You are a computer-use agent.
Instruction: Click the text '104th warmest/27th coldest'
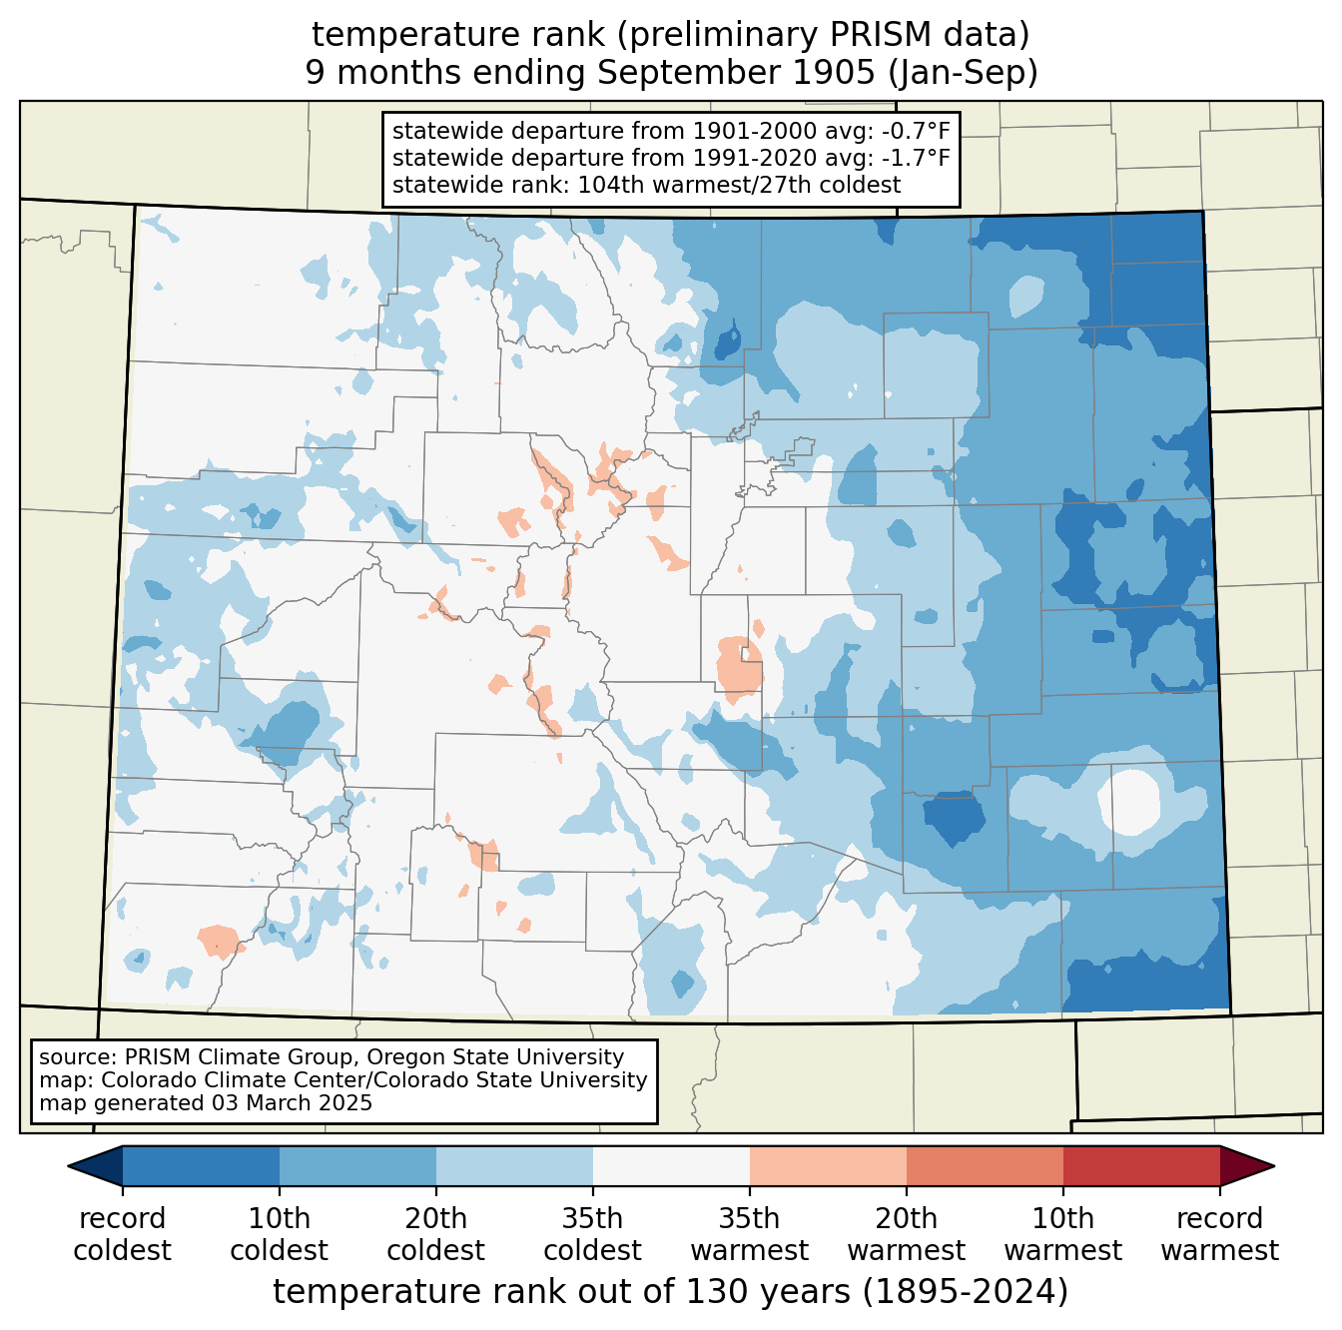[x=739, y=186]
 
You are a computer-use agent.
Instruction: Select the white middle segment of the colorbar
[x=671, y=1165]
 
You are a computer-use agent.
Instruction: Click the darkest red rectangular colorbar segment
[x=1141, y=1165]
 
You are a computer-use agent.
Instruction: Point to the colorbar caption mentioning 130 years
[x=671, y=1291]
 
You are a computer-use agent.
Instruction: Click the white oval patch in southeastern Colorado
[x=1129, y=801]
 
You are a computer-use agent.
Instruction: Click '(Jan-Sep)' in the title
[x=963, y=73]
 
